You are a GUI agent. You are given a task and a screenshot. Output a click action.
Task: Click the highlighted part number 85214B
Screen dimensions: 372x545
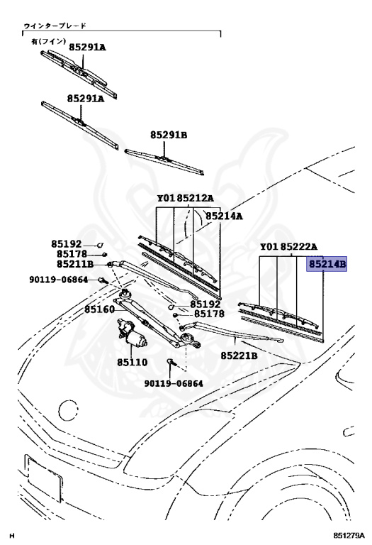(327, 264)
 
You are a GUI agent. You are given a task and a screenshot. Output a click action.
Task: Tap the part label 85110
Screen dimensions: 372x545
(133, 362)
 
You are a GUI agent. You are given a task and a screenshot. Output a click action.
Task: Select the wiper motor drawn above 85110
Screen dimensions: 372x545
(132, 334)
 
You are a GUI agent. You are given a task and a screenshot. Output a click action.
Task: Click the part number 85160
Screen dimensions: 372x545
(100, 309)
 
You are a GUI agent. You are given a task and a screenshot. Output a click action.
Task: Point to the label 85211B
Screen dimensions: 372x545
(75, 264)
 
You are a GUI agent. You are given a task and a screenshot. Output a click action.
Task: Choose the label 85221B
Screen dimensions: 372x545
(239, 356)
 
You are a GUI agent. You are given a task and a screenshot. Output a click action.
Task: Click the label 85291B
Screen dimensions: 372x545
(169, 135)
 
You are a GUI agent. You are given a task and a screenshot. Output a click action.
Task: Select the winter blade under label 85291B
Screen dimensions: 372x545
(164, 162)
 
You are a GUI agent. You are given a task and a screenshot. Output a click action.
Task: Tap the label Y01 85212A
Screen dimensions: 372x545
(186, 198)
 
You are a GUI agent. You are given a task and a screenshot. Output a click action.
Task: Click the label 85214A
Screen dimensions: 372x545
(224, 216)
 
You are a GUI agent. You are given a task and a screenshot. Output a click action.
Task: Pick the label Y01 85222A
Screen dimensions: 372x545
(288, 247)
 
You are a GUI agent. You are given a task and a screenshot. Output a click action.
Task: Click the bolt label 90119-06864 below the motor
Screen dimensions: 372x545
(174, 383)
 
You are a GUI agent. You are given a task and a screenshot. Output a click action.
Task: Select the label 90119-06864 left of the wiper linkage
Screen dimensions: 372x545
(58, 280)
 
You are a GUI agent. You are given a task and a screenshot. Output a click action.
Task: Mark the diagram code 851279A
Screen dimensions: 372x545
(349, 534)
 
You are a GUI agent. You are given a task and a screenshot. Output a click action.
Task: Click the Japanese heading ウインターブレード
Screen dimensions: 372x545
(55, 26)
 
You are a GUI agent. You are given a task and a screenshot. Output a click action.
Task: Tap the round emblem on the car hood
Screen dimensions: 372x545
(68, 410)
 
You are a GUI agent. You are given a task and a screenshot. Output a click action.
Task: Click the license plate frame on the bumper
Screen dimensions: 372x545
(43, 478)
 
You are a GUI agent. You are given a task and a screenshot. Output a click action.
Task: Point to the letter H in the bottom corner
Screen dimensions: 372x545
(13, 535)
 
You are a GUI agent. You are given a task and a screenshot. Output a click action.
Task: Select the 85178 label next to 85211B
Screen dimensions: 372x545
(72, 254)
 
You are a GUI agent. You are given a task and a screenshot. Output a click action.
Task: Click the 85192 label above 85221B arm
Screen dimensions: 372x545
(205, 304)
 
